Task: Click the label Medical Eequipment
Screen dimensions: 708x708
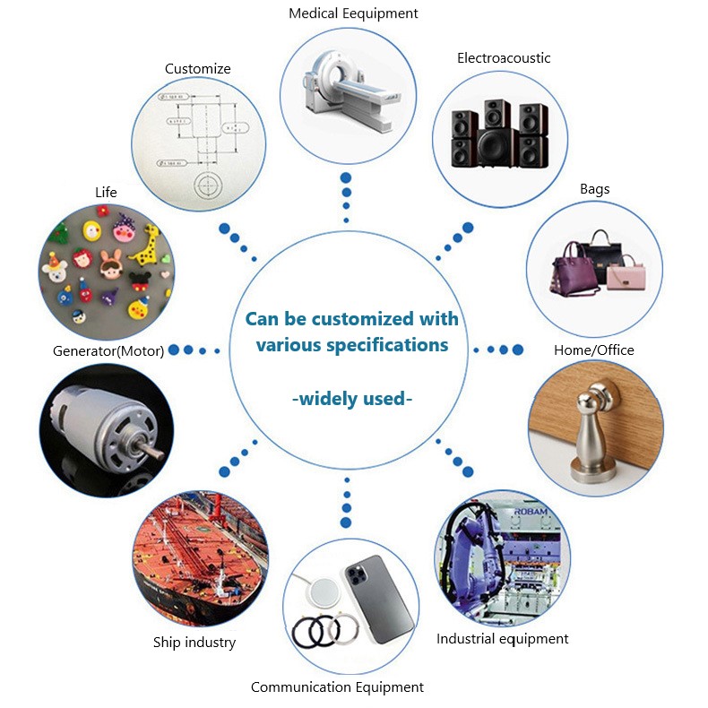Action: (353, 13)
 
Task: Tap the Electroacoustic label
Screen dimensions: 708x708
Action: (504, 58)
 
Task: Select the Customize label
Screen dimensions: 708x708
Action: (198, 69)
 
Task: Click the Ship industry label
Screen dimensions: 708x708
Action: (194, 643)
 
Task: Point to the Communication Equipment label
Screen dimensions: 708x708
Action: (337, 687)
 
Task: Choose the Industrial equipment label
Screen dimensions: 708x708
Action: (503, 639)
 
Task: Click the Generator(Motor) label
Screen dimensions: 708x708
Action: (108, 350)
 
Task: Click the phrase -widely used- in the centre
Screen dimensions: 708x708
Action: (353, 398)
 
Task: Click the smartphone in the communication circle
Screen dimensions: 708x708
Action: (379, 596)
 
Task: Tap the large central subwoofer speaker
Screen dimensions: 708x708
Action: (489, 148)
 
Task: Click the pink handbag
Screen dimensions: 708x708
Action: (627, 272)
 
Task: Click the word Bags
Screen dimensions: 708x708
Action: (595, 189)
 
